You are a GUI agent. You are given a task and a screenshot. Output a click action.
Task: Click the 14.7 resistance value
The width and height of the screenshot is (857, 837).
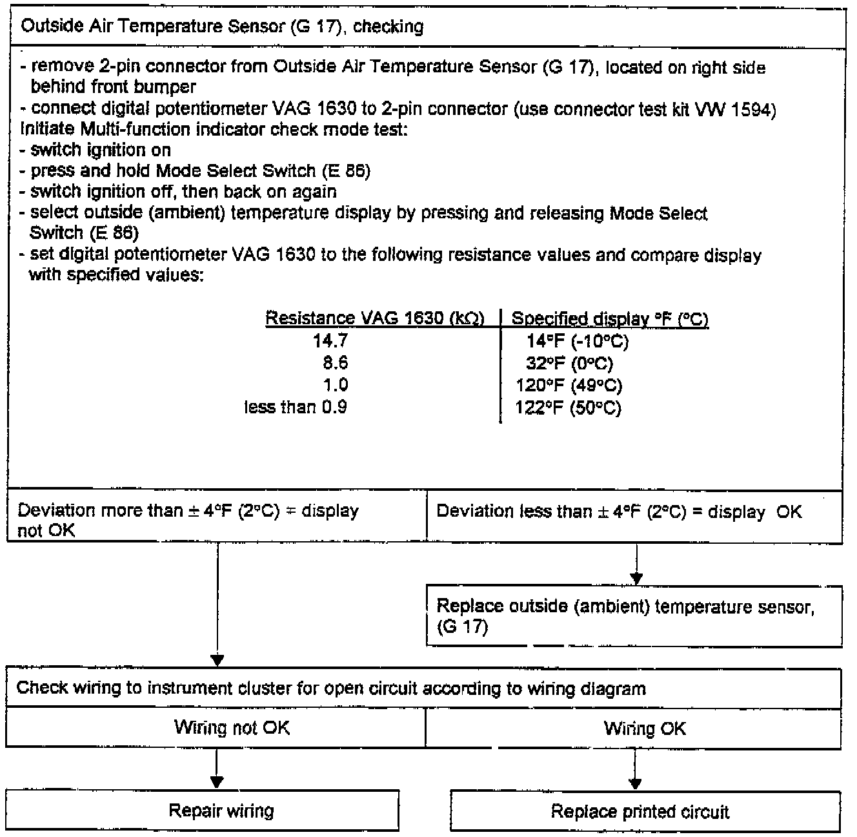330,341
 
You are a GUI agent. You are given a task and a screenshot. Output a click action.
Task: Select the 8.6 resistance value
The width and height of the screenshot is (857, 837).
336,363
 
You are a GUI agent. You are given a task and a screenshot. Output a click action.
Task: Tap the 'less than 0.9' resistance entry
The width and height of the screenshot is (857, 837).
296,407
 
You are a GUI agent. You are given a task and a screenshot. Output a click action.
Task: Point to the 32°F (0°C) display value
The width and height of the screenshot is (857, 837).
569,364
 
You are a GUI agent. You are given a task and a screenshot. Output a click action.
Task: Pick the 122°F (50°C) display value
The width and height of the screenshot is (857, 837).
569,408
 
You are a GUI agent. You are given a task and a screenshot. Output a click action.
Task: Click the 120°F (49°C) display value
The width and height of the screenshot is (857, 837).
569,386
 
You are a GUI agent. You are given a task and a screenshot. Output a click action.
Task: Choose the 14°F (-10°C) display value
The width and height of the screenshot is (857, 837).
577,342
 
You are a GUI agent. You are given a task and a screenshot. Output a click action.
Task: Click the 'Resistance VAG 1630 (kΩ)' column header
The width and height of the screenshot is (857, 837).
375,318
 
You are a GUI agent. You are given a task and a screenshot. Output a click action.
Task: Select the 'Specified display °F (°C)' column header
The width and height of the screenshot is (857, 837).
610,319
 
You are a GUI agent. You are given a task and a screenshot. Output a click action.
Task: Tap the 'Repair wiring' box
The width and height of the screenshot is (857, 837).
221,811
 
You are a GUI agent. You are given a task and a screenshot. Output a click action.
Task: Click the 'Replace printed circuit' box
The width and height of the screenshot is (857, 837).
640,812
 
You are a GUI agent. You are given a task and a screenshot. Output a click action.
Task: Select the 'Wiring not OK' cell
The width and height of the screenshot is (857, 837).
232,728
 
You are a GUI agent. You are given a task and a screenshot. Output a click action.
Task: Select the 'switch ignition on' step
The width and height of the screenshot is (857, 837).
101,150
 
